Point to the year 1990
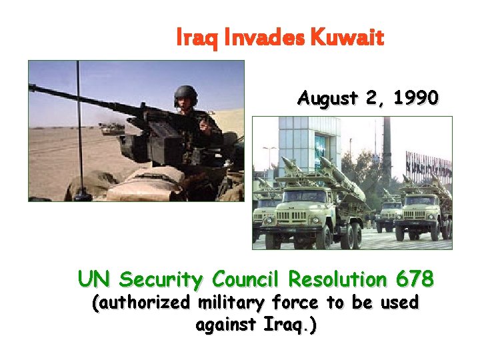click(x=416, y=99)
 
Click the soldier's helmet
click(x=186, y=95)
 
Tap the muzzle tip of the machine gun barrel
click(x=31, y=87)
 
